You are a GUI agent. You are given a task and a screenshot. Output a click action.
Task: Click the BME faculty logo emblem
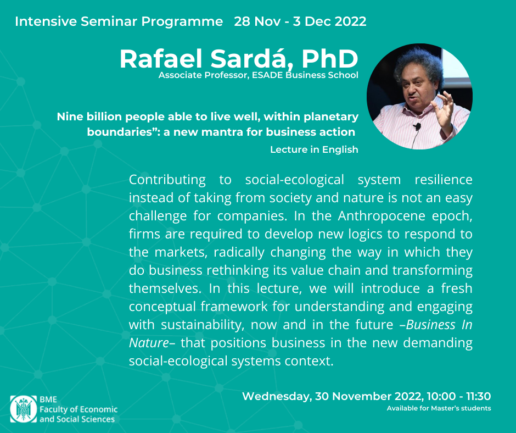pos(24,409)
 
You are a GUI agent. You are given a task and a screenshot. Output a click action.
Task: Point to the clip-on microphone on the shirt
pos(417,126)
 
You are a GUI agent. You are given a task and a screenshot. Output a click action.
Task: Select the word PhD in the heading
pos(330,59)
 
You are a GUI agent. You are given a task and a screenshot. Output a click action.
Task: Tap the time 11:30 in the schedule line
pos(479,396)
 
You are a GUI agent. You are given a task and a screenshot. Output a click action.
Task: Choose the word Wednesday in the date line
pos(277,396)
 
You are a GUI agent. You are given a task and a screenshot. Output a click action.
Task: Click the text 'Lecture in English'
pos(315,149)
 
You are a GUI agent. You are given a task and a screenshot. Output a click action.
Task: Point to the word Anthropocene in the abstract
pos(382,216)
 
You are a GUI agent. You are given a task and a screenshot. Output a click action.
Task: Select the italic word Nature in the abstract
pos(149,343)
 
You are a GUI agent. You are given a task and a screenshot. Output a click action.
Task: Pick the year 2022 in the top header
pos(352,21)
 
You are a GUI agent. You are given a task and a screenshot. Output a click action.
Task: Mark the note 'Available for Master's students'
pos(439,408)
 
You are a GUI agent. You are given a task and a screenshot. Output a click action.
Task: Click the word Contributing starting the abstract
pos(167,180)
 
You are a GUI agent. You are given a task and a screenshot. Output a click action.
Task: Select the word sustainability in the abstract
pos(203,325)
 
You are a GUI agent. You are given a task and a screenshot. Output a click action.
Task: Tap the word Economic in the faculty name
pos(98,409)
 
